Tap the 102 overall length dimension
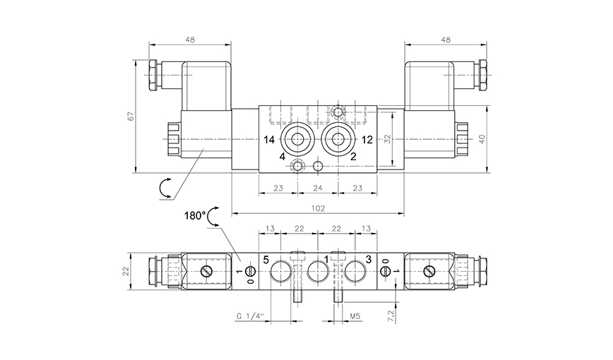click(x=317, y=208)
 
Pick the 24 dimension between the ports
click(x=317, y=188)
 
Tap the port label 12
click(x=367, y=139)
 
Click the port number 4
click(x=282, y=157)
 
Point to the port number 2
click(x=353, y=157)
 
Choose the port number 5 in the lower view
click(x=266, y=260)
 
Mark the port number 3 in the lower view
click(x=368, y=260)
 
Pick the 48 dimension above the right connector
click(x=446, y=40)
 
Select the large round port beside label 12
click(x=338, y=139)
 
